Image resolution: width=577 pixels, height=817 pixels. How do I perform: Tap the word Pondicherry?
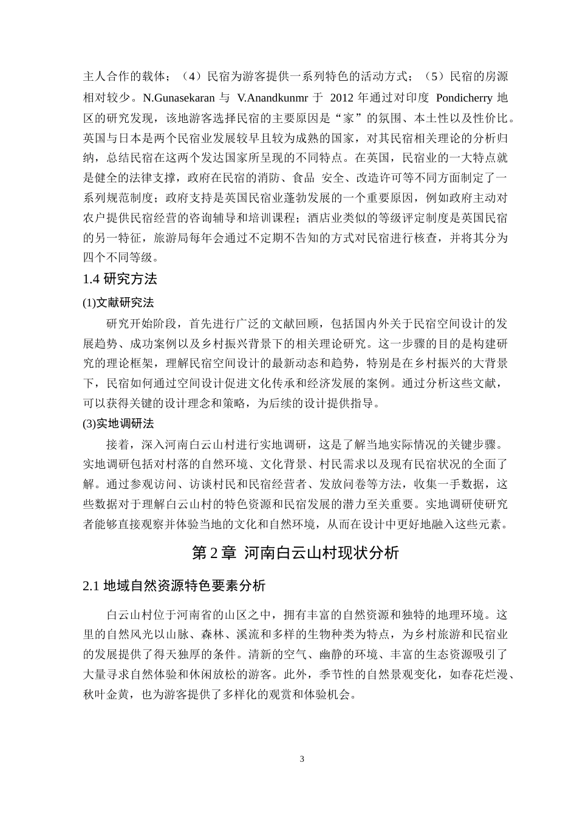point(462,98)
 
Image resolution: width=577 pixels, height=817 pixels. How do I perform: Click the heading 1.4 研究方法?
point(120,279)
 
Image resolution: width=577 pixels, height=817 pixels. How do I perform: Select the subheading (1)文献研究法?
point(118,302)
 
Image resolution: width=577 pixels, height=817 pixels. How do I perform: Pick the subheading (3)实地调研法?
point(118,423)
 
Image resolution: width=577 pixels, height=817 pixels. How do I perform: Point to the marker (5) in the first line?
point(432,77)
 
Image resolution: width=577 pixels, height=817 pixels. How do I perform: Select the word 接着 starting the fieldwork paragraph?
point(117,444)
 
